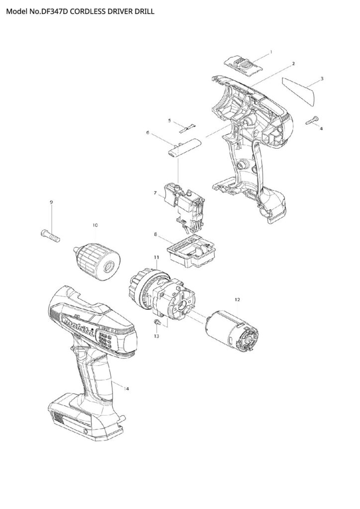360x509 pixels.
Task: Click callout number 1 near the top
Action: tap(270, 52)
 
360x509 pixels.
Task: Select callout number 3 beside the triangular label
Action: tap(322, 78)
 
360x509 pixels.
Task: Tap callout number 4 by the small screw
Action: tap(321, 128)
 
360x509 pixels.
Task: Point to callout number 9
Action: tap(51, 202)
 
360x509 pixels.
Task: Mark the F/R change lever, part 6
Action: tap(184, 148)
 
